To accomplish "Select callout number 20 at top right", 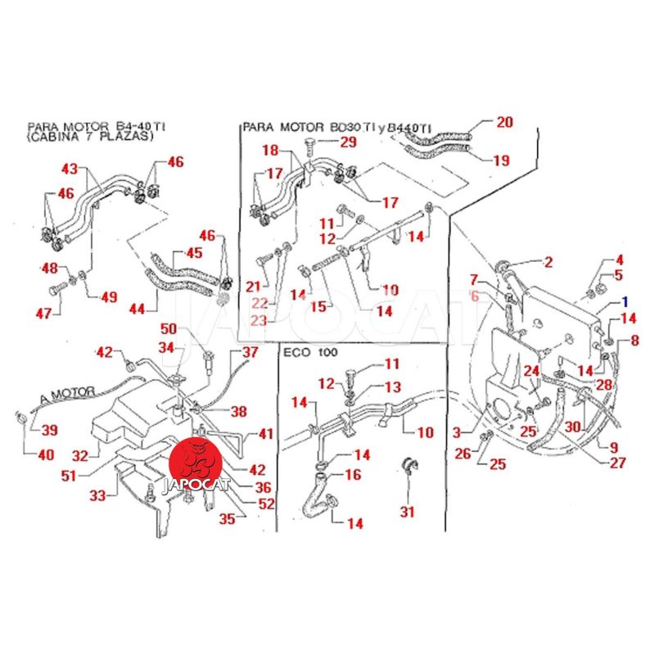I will pos(504,123).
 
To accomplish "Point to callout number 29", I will pos(349,142).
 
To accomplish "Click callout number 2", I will pos(548,262).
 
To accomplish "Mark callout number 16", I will pos(352,474).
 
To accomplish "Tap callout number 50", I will pos(169,328).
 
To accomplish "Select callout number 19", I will pos(501,160).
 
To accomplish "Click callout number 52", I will pos(243,504).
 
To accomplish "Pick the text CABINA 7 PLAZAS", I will pos(90,138).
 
